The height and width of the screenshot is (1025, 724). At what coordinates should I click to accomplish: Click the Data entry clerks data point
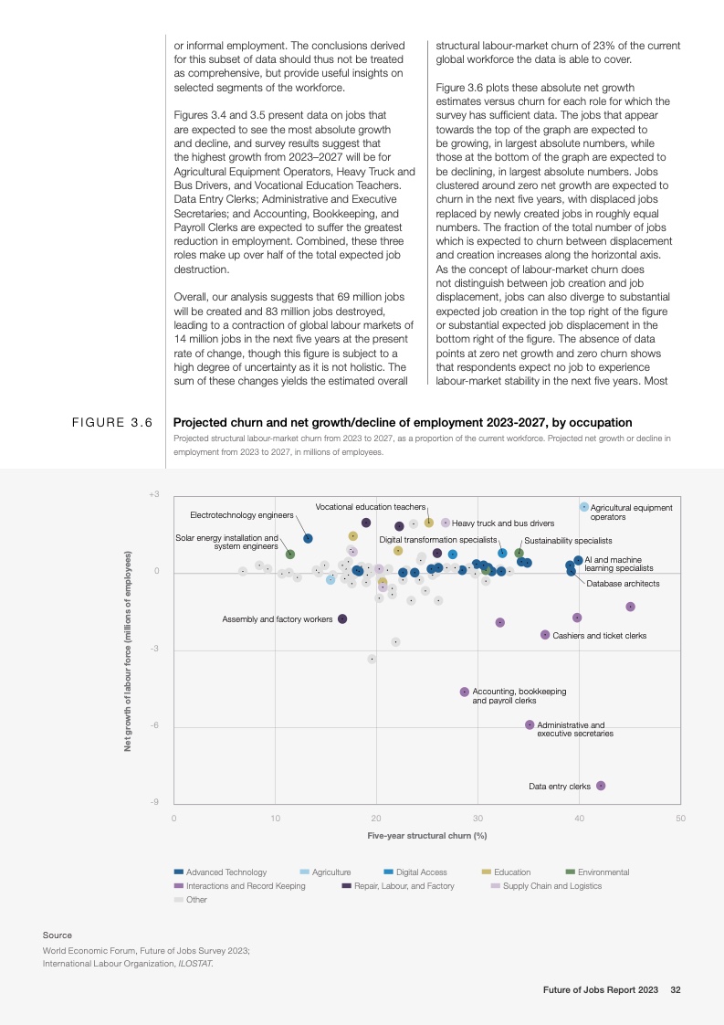coord(601,786)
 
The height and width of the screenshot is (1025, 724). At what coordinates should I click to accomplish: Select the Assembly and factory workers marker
coord(342,618)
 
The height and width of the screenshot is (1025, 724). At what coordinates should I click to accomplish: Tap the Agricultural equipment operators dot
coord(584,506)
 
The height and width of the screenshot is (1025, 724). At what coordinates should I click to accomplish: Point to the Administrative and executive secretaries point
coord(530,724)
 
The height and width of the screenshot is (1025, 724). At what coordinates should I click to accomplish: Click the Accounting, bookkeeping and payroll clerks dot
coord(465,692)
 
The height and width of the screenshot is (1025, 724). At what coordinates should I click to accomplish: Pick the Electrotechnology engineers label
coord(242,515)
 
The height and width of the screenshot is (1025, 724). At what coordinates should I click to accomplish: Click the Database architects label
coord(623,583)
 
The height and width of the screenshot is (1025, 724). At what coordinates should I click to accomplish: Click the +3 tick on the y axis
coord(154,494)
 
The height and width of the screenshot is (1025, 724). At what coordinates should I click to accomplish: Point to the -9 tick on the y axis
coord(155,802)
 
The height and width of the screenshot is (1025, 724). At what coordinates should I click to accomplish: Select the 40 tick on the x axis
coord(580,818)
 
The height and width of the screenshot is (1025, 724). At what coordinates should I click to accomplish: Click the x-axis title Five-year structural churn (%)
coord(426,836)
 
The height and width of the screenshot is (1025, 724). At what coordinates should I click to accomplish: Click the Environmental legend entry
coord(603,872)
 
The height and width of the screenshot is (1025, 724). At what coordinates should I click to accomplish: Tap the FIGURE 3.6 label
coord(111,423)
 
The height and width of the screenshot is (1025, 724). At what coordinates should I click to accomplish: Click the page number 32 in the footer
coord(676,989)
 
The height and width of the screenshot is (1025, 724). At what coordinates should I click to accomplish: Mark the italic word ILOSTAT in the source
coord(193,963)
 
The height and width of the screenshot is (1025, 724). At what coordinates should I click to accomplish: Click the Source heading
coord(57,935)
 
